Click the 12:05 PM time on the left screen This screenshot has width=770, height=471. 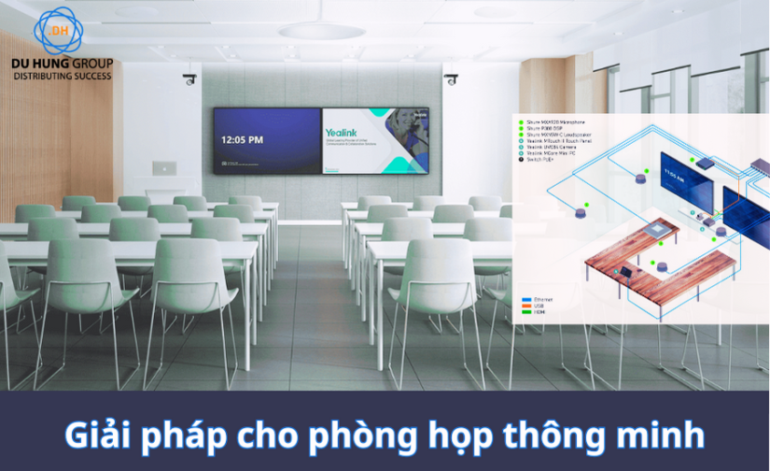242,140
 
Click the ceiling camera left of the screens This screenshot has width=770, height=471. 190,79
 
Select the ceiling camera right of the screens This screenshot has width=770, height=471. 451,79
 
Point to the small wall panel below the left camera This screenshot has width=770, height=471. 164,167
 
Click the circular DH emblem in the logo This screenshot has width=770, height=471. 59,30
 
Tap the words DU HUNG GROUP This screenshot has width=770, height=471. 63,63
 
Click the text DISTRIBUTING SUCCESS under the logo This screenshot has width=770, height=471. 63,74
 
